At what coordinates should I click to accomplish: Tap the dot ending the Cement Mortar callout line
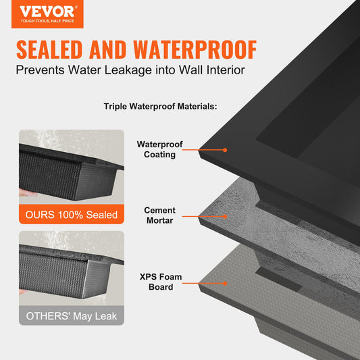(x=225, y=216)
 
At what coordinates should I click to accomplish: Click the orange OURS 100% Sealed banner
(x=72, y=215)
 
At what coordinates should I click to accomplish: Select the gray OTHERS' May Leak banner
(x=72, y=315)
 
